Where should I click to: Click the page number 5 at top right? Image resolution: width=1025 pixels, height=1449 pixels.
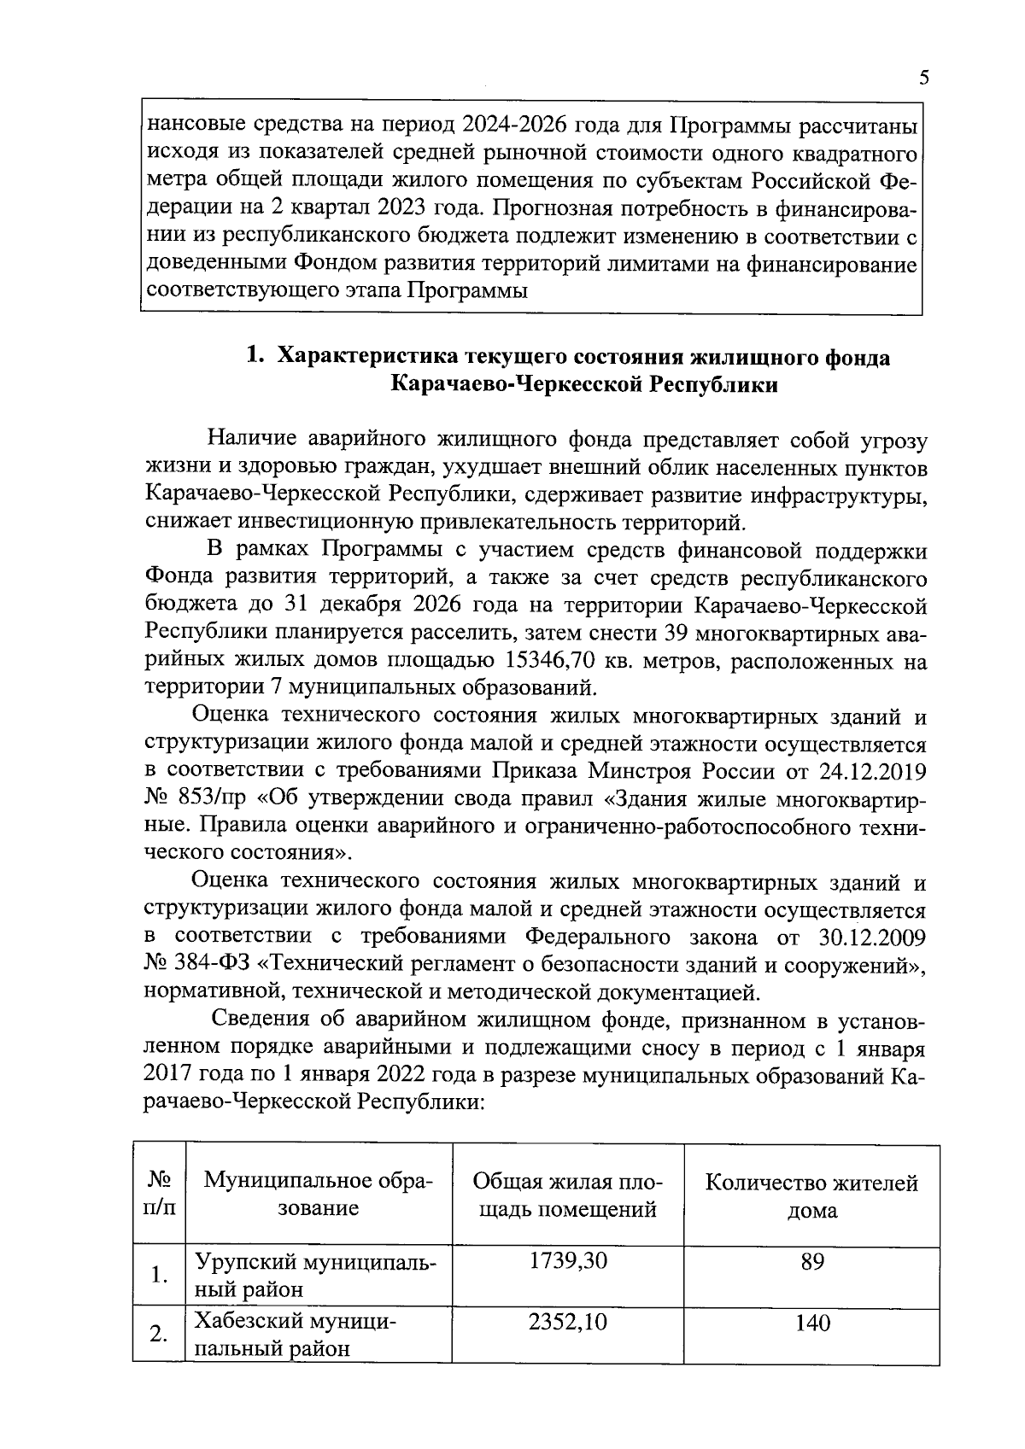click(x=923, y=79)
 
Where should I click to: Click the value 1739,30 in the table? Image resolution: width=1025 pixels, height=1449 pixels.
click(x=568, y=1260)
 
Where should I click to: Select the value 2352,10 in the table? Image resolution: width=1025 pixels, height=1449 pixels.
click(x=568, y=1323)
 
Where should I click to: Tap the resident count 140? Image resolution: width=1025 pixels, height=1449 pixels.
click(x=811, y=1323)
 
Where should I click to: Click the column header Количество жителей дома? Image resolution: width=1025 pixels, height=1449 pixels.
click(x=811, y=1196)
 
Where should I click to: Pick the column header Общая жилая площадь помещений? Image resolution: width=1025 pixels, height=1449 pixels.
click(x=567, y=1195)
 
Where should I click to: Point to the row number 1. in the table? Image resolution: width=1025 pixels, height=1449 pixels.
click(x=158, y=1276)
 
